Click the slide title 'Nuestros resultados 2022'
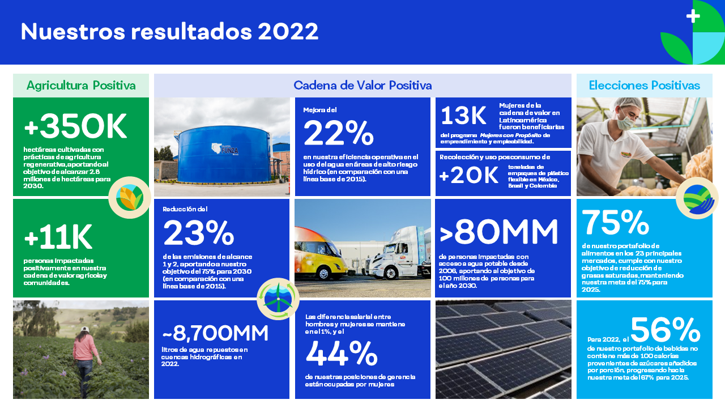click(169, 31)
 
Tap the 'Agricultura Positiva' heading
click(81, 86)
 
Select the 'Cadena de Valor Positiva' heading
click(362, 86)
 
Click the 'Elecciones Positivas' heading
click(645, 86)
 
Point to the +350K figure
click(75, 126)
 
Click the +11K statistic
click(58, 237)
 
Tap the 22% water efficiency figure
click(339, 133)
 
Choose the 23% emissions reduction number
click(198, 232)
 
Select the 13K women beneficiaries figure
click(463, 116)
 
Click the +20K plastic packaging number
click(468, 176)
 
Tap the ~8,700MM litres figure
click(215, 333)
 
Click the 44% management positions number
click(342, 353)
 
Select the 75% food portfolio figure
click(616, 222)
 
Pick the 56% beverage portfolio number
click(666, 329)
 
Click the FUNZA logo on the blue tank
click(225, 149)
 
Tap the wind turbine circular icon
click(278, 299)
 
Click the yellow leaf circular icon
click(130, 198)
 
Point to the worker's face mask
click(625, 123)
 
